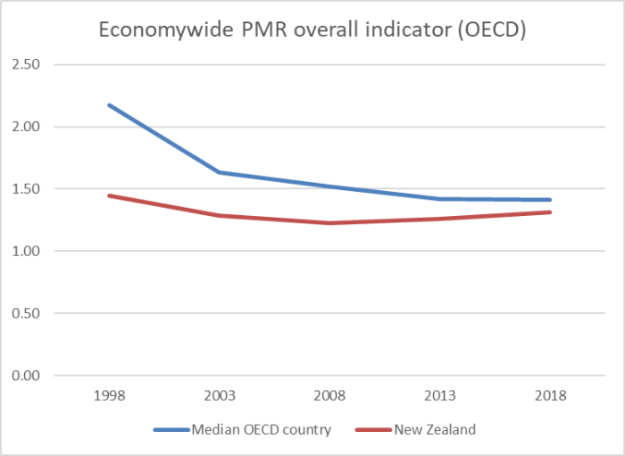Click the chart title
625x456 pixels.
click(x=312, y=29)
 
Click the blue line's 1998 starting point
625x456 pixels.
click(x=109, y=105)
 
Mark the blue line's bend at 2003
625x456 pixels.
click(x=219, y=172)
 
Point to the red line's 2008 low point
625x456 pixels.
click(x=329, y=223)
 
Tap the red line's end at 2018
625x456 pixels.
click(x=551, y=212)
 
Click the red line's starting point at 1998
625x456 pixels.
click(x=109, y=195)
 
